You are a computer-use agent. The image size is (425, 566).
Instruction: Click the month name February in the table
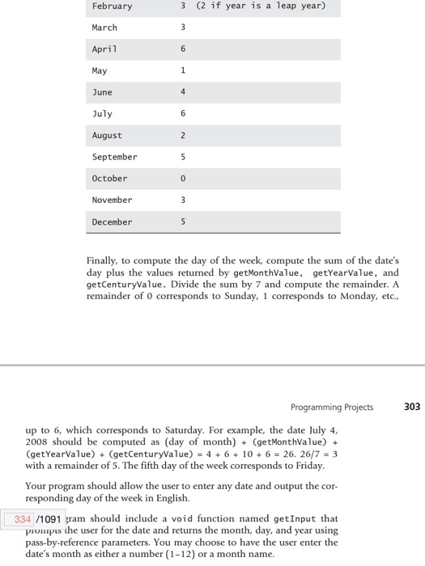[x=112, y=6]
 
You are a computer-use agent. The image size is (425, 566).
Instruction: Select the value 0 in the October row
[x=183, y=179]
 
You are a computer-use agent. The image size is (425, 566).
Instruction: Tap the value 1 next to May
[x=183, y=71]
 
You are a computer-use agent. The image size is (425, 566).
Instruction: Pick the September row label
[x=114, y=157]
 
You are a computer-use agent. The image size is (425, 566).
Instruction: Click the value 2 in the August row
[x=183, y=136]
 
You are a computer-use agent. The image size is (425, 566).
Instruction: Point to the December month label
[x=112, y=222]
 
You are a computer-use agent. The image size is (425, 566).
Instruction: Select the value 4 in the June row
[x=183, y=93]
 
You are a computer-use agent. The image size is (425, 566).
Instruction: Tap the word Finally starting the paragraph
[x=103, y=261]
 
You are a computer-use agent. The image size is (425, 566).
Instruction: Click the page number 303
[x=411, y=407]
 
